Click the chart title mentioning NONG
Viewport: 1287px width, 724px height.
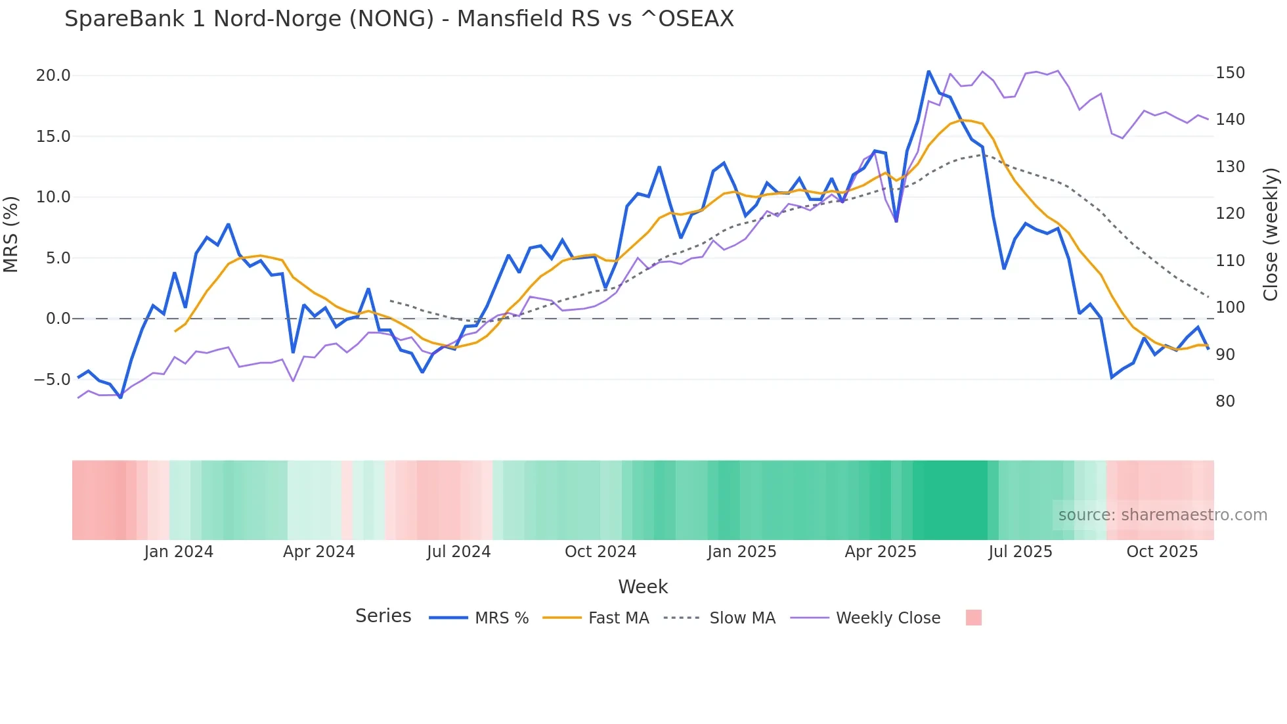pyautogui.click(x=399, y=19)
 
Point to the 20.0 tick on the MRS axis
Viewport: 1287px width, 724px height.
pyautogui.click(x=53, y=76)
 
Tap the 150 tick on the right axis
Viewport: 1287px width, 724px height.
pyautogui.click(x=1230, y=73)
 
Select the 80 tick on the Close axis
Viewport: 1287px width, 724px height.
pyautogui.click(x=1225, y=401)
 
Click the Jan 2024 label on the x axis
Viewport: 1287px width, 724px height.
pyautogui.click(x=179, y=552)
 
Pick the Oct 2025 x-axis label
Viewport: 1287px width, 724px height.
pyautogui.click(x=1162, y=552)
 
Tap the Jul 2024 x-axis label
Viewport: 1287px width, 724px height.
pyautogui.click(x=458, y=552)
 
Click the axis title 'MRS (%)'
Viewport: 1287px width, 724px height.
pyautogui.click(x=11, y=235)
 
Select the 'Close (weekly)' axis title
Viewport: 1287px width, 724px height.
pyautogui.click(x=1271, y=235)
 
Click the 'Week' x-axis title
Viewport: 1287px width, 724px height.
pyautogui.click(x=643, y=587)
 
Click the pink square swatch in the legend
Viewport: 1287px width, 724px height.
pyautogui.click(x=974, y=618)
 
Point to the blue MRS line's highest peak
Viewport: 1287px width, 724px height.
pyautogui.click(x=928, y=71)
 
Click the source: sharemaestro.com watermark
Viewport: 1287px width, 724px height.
pyautogui.click(x=1162, y=515)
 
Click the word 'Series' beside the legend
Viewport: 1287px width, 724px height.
pyautogui.click(x=383, y=616)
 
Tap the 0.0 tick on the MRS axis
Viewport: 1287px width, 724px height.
pyautogui.click(x=58, y=319)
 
